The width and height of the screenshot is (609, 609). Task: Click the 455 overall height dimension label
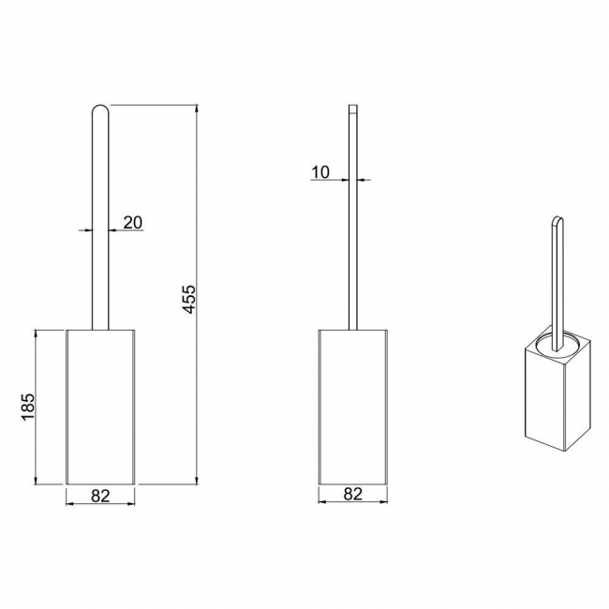189,299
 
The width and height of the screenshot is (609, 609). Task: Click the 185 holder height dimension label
28,407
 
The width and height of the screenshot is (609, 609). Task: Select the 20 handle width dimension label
133,223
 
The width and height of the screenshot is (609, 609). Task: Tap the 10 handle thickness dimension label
320,172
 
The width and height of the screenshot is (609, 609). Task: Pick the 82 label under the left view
100,496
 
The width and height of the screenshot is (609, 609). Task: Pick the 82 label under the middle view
353,494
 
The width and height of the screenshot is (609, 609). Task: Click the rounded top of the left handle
100,109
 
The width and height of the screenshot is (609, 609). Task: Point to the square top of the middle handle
352,109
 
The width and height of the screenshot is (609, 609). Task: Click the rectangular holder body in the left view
100,407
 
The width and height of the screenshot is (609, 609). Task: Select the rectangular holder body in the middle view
353,407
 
